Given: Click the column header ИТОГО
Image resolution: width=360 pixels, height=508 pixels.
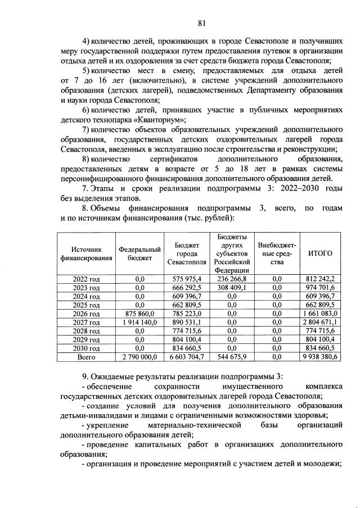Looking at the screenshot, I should pyautogui.click(x=321, y=253).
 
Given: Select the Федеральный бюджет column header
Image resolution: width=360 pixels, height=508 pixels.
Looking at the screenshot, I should pyautogui.click(x=140, y=253).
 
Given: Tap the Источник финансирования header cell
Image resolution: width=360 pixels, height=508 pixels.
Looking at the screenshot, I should pyautogui.click(x=87, y=253).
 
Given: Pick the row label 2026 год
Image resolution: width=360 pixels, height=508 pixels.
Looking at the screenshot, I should pyautogui.click(x=87, y=314).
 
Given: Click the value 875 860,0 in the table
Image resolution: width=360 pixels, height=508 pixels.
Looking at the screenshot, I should pyautogui.click(x=140, y=314).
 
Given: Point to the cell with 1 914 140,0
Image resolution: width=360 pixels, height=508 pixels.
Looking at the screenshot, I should pyautogui.click(x=140, y=322).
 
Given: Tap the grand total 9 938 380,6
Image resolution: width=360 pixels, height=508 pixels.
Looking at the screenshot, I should pyautogui.click(x=321, y=357).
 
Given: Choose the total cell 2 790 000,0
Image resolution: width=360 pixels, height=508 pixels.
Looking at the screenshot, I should pyautogui.click(x=140, y=357).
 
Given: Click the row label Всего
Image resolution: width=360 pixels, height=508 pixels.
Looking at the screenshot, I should pyautogui.click(x=87, y=357).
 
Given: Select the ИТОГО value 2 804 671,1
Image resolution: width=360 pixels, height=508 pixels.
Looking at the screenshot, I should pyautogui.click(x=321, y=322).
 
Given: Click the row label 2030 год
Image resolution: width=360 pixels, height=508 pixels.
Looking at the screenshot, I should pyautogui.click(x=87, y=348).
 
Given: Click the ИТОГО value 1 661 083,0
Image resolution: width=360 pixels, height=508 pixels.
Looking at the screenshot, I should pyautogui.click(x=321, y=314).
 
